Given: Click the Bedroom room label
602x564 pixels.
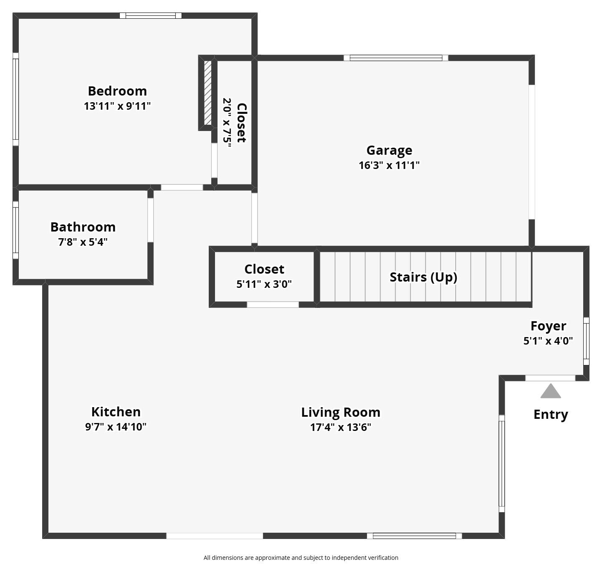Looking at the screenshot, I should click(117, 91).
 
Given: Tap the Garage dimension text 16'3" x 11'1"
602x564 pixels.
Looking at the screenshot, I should click(389, 165).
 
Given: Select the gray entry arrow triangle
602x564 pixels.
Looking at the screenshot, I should click(551, 391).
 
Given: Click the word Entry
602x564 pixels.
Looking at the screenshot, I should click(551, 415).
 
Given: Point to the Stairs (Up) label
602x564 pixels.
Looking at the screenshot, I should click(423, 277).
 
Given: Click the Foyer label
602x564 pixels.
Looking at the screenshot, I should click(548, 326).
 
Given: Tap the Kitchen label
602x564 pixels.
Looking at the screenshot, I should click(116, 412).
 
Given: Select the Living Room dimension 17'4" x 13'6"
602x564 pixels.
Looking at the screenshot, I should click(341, 427).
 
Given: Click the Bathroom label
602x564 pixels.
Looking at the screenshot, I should click(83, 227).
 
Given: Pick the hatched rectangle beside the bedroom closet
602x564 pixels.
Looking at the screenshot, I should click(207, 93).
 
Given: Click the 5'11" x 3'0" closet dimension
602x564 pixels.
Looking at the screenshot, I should click(264, 284).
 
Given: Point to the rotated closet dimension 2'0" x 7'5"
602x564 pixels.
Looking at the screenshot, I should click(227, 123).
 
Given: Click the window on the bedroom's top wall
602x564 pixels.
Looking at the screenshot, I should click(151, 16).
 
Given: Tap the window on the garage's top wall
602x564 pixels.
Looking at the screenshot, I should click(396, 58).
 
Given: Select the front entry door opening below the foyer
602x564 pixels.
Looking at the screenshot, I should click(550, 378).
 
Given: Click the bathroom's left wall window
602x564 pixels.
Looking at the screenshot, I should click(15, 230).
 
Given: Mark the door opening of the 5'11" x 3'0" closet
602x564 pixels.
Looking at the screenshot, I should click(273, 305).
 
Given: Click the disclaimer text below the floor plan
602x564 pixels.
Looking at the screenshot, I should click(301, 558).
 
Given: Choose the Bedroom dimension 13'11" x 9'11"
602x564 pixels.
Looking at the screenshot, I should click(117, 106).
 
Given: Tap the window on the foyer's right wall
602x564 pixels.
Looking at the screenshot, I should click(586, 341).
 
